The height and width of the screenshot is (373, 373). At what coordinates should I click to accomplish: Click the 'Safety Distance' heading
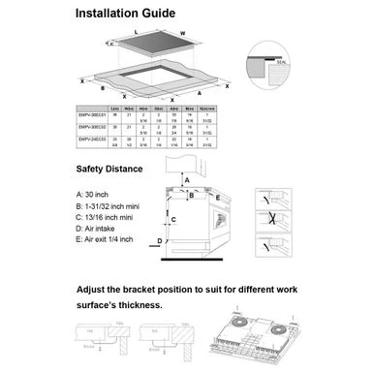click(109, 170)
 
